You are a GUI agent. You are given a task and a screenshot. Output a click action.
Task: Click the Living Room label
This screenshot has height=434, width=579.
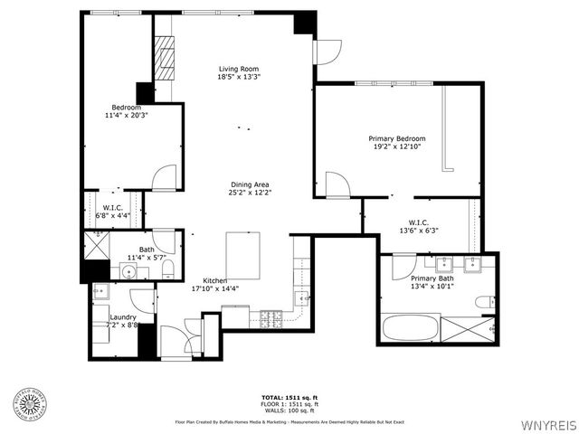tap(238, 69)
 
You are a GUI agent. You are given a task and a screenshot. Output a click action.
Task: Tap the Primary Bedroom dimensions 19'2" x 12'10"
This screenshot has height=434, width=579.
tap(395, 146)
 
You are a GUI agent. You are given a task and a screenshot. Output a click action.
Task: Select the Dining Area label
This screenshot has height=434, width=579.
tap(251, 184)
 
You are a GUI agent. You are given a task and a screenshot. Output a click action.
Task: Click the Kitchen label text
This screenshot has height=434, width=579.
tap(214, 280)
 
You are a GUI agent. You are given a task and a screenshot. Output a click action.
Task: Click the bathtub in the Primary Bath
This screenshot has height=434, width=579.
tap(411, 326)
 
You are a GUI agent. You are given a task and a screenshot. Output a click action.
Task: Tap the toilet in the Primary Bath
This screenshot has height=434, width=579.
tap(488, 301)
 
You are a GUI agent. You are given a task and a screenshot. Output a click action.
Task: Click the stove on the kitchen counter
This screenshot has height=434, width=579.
tap(271, 317)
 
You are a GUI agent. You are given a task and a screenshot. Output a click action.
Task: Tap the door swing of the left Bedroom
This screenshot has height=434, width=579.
tap(164, 178)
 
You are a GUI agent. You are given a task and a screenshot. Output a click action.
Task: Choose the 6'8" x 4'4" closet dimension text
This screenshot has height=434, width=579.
tap(111, 216)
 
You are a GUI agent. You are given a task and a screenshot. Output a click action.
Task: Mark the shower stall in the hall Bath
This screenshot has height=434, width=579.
tap(96, 245)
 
